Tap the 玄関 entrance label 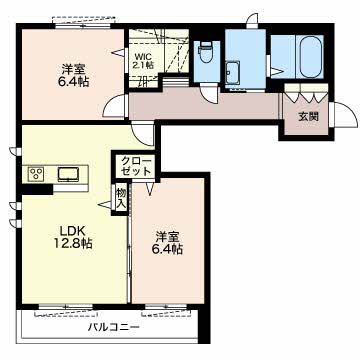(x=308, y=117)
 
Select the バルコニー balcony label (x=114, y=327)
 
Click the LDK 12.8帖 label (x=73, y=237)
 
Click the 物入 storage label (x=121, y=198)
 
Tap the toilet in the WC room (x=205, y=52)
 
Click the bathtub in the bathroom (x=311, y=57)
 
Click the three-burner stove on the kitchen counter (x=36, y=174)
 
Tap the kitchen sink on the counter (x=69, y=174)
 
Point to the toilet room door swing (x=209, y=94)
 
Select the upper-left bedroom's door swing (x=115, y=106)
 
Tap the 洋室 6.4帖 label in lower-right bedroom (x=168, y=243)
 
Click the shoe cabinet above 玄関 (x=306, y=93)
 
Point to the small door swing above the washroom (x=252, y=20)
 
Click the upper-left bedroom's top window (x=83, y=26)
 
